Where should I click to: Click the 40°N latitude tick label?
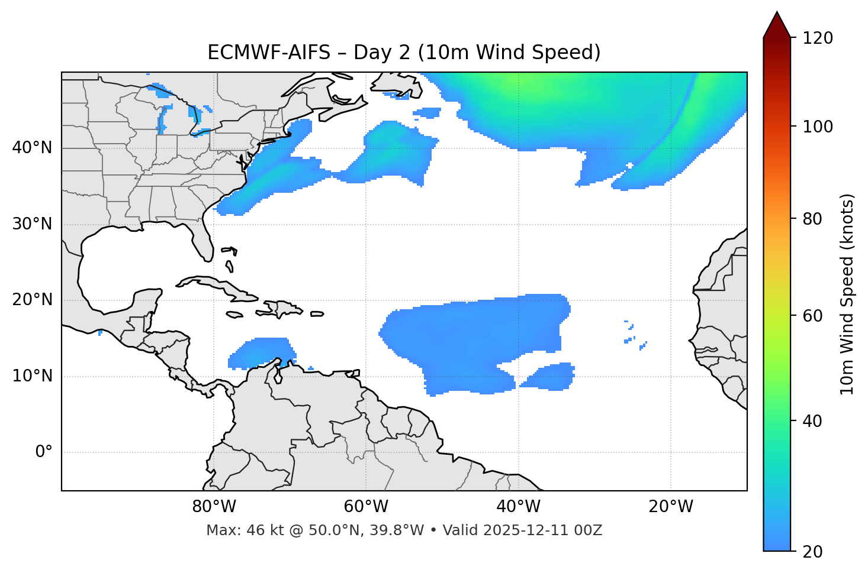pyautogui.click(x=32, y=148)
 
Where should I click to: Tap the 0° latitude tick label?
pyautogui.click(x=43, y=452)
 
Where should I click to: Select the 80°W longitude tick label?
pyautogui.click(x=214, y=507)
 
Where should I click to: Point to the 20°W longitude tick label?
pyautogui.click(x=671, y=507)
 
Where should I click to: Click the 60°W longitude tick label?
pyautogui.click(x=366, y=507)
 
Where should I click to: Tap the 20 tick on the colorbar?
pyautogui.click(x=812, y=552)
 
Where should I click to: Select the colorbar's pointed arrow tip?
pyautogui.click(x=777, y=13)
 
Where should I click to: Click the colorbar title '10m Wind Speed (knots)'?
pyautogui.click(x=847, y=294)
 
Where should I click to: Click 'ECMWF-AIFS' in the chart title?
pyautogui.click(x=269, y=53)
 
